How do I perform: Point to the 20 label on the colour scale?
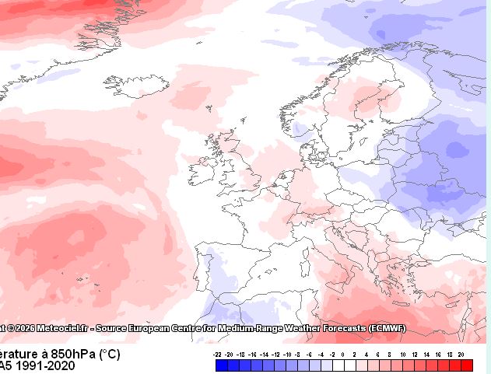(x=461, y=355)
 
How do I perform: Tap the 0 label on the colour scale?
(x=344, y=355)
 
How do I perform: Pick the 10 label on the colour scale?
(x=403, y=355)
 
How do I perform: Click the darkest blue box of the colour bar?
(x=222, y=365)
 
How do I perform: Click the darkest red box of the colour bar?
(x=467, y=365)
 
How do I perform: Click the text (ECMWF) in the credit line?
(x=387, y=328)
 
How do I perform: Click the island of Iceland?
(x=125, y=83)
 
